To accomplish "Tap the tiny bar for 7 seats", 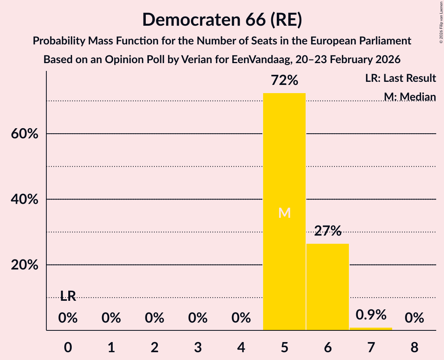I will coord(371,329).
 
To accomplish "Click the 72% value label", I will coord(285,81).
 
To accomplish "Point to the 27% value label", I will coord(327,231).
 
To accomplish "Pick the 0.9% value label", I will coord(371,315).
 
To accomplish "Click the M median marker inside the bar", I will coord(285,213).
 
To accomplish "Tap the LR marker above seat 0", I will coord(68,296).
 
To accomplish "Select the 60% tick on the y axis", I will coord(24,134).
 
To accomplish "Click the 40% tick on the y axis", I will coord(24,199).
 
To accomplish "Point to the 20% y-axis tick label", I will coord(24,265).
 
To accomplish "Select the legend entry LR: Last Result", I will coord(400,78).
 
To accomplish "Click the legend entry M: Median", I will coord(409,97).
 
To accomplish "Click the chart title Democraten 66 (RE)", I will coord(222,19).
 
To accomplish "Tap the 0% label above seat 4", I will coord(241,318).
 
